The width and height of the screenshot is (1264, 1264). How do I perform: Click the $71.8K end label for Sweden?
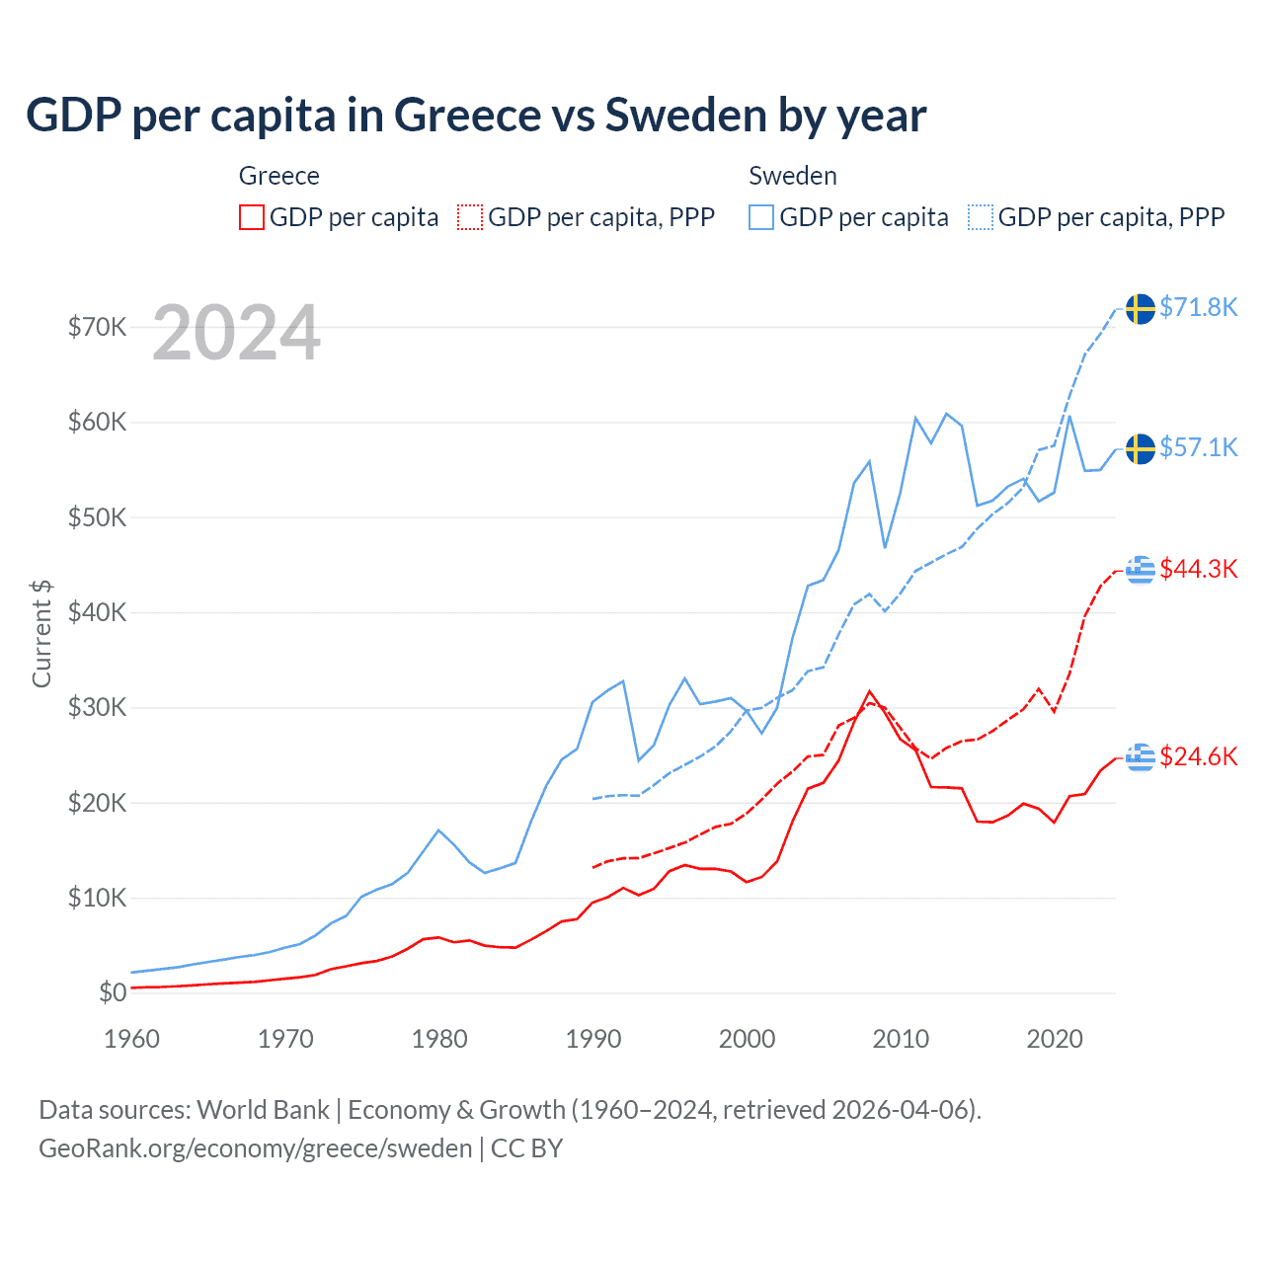(x=1198, y=307)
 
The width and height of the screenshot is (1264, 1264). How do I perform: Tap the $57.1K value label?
(x=1198, y=447)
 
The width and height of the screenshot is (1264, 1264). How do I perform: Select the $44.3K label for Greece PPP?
(x=1198, y=569)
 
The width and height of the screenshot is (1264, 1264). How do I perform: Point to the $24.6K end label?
(x=1198, y=756)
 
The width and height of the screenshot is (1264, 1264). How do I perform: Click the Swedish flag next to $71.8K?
(x=1141, y=308)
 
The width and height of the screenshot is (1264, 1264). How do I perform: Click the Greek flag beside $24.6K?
(x=1141, y=757)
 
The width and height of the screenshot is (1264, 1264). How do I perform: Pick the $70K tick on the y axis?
(x=97, y=327)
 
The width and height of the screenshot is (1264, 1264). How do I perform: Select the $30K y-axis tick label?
(x=97, y=707)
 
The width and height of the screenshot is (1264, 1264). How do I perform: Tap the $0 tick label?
(x=113, y=992)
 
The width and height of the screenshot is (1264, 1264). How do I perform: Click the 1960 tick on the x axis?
(x=131, y=1039)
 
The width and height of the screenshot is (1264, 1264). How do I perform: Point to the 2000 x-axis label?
(x=748, y=1039)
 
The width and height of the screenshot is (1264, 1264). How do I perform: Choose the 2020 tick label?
(x=1055, y=1039)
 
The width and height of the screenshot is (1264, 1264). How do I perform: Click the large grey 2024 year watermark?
(x=236, y=333)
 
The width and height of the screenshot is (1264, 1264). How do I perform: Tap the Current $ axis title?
(x=41, y=633)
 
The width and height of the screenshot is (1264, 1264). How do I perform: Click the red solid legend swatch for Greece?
(x=252, y=217)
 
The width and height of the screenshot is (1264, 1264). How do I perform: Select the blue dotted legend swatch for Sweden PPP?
(x=981, y=217)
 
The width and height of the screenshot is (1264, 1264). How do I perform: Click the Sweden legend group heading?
(x=793, y=176)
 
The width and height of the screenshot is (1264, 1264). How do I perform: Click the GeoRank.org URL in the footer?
(x=256, y=1148)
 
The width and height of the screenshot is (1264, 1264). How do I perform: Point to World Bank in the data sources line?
(x=263, y=1110)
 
